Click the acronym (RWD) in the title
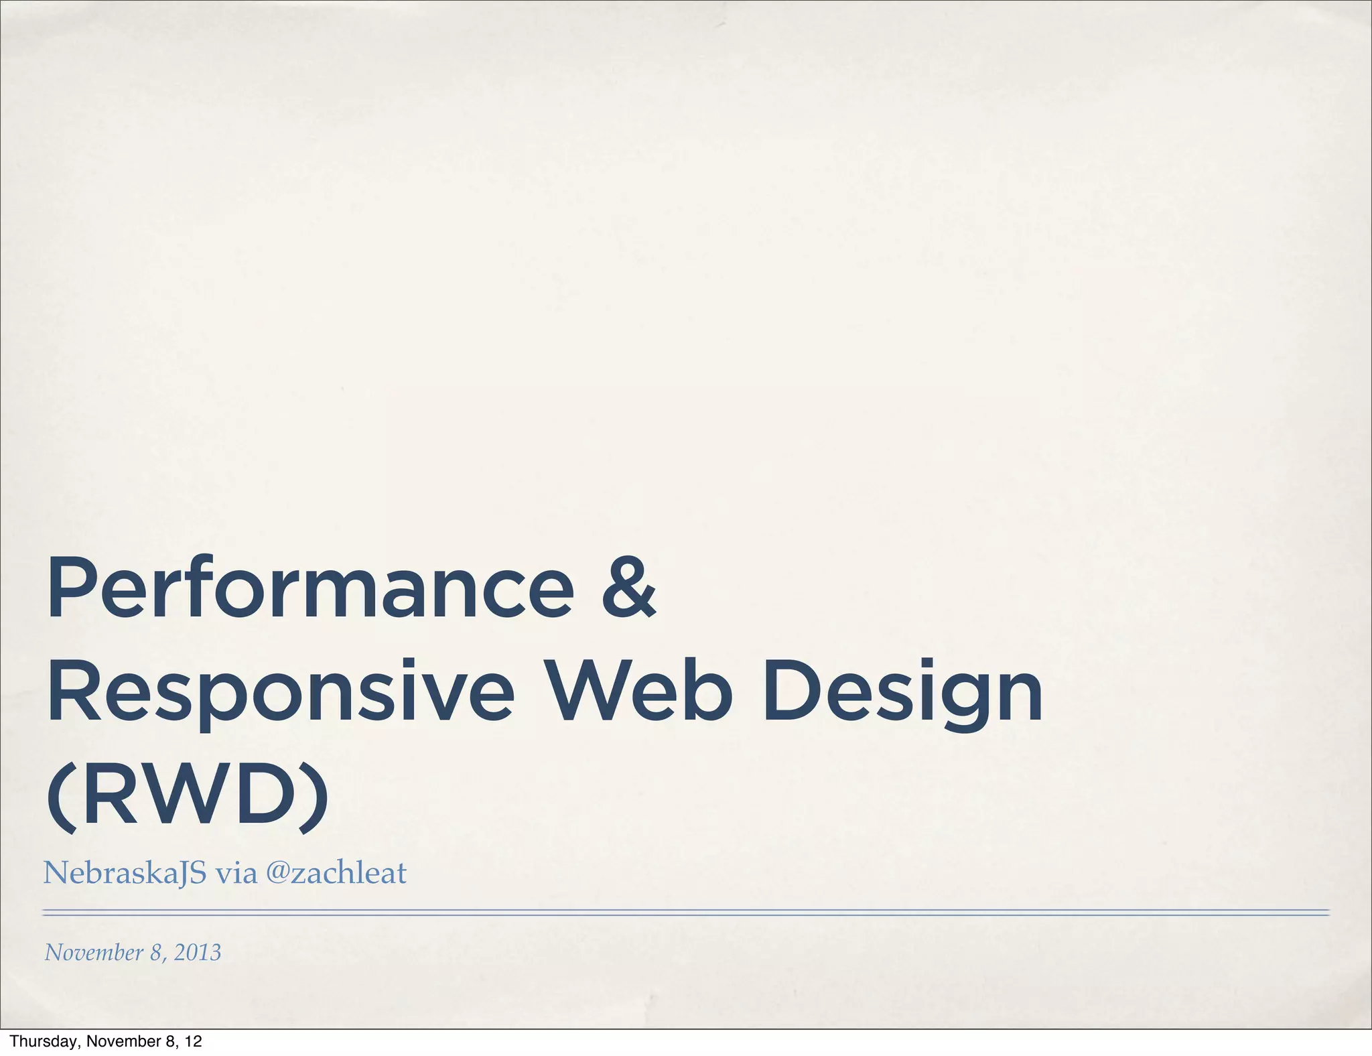[188, 797]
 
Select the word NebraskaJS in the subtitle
[125, 873]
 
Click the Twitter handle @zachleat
[336, 873]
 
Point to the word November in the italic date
[94, 952]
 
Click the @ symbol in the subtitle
[277, 873]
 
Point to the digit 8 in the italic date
[156, 953]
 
